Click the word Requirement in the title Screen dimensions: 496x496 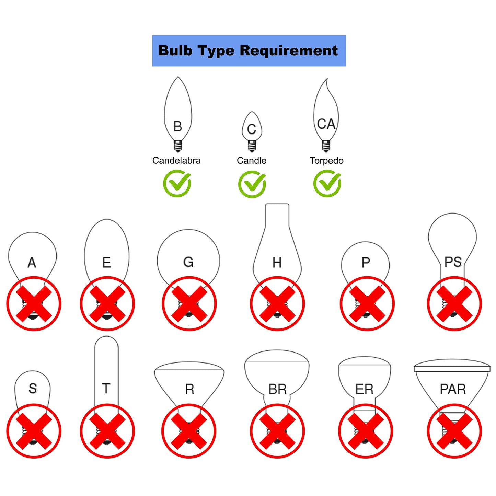click(x=288, y=51)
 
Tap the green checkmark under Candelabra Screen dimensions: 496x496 click(x=177, y=184)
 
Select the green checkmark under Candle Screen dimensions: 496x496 click(x=252, y=184)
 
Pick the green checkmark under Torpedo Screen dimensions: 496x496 click(x=327, y=184)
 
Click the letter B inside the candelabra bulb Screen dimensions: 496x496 click(x=177, y=127)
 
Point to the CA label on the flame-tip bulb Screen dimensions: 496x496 click(x=326, y=124)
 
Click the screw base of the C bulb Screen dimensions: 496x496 click(x=252, y=146)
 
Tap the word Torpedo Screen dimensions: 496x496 click(x=326, y=161)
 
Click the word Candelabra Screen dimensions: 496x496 click(x=176, y=161)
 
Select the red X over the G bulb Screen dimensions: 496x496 click(x=189, y=304)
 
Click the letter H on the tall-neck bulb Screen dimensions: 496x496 click(x=277, y=263)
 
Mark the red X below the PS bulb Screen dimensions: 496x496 click(x=454, y=304)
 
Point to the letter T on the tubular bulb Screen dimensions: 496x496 click(x=106, y=389)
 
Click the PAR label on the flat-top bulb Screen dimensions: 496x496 click(x=453, y=389)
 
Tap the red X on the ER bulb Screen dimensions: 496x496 click(x=366, y=431)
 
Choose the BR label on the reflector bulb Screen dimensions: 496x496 click(x=277, y=389)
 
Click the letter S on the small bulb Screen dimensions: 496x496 click(x=33, y=389)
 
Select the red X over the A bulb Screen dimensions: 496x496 click(x=34, y=304)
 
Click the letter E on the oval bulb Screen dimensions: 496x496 click(x=107, y=263)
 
